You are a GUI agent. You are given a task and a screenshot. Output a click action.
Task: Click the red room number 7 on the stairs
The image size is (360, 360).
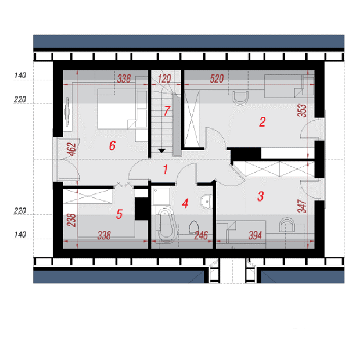167,111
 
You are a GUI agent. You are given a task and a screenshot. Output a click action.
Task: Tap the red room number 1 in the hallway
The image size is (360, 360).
166,169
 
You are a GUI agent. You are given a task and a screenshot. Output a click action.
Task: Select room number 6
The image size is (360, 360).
112,146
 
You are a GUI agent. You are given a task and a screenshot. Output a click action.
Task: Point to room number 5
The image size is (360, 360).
120,214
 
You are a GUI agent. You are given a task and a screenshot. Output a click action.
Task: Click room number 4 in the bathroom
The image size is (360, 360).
185,203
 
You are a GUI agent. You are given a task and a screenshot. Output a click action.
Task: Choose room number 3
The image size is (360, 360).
260,196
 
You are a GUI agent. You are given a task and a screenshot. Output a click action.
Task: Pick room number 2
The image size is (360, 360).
262,122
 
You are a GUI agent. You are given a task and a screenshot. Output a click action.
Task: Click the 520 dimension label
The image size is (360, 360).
217,79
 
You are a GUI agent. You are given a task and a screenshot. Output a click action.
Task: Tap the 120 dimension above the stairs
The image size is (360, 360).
164,79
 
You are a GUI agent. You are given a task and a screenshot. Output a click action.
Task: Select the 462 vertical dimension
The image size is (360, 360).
72,150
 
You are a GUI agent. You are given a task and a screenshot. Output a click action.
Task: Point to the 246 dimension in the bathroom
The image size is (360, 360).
201,235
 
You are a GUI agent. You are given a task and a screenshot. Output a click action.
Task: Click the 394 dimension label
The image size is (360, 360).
255,235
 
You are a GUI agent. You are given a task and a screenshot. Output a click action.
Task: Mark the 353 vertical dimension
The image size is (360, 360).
302,111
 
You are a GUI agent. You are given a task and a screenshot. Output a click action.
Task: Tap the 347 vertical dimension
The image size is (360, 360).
302,206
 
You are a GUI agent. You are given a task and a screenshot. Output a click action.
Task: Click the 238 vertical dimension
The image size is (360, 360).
71,220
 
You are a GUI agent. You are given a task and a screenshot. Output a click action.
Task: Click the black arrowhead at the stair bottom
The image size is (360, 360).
162,151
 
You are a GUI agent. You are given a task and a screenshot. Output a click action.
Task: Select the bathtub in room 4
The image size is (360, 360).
167,224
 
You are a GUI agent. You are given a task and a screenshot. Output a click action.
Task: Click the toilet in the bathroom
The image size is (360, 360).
194,227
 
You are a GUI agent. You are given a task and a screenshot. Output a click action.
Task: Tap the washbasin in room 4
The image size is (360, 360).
207,202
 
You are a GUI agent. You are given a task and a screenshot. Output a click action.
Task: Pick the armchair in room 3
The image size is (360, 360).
287,225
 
